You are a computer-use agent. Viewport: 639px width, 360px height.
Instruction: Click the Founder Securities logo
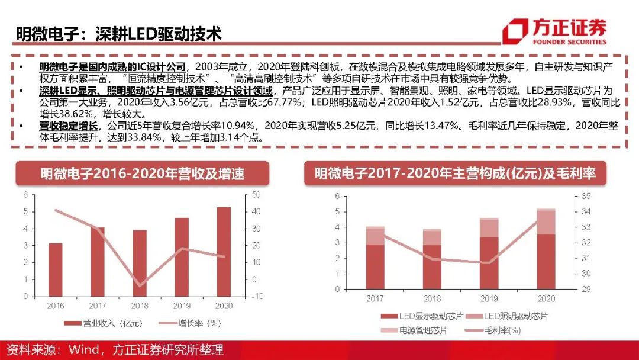tap(554, 33)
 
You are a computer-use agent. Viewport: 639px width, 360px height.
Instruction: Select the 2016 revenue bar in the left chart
tap(55, 269)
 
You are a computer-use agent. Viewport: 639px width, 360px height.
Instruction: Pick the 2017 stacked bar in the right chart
tap(375, 258)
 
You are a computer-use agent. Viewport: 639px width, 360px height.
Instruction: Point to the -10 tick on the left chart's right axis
tap(258, 297)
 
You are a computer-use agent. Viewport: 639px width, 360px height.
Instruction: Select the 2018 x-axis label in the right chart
tap(432, 299)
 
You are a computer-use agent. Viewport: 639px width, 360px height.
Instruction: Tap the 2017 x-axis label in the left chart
tap(98, 306)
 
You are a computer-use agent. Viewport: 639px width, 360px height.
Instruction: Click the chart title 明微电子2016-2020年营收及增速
tap(142, 173)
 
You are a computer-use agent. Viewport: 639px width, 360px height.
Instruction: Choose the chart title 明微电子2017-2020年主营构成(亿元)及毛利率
tap(455, 173)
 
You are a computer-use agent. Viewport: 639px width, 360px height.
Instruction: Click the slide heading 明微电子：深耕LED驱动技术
tap(118, 34)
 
